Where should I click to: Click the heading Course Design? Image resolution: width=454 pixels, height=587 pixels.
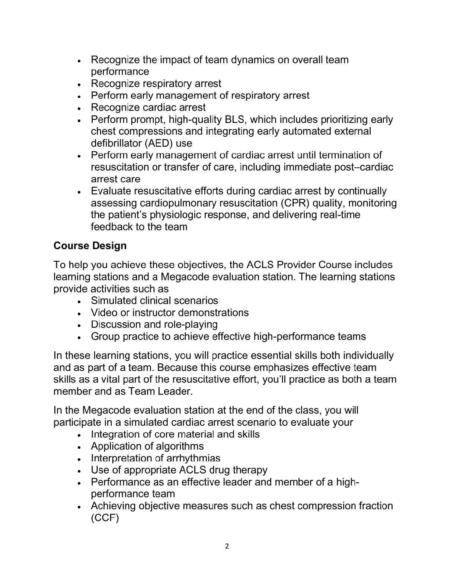click(90, 246)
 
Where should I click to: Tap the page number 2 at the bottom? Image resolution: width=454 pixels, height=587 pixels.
click(227, 546)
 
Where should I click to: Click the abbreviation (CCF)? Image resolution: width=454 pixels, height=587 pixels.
click(105, 518)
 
